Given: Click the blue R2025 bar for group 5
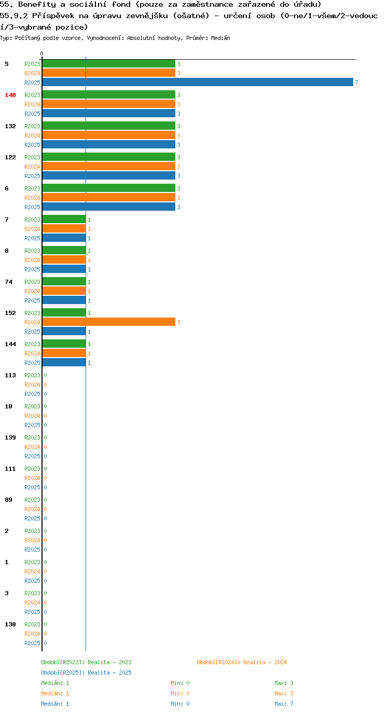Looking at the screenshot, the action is tap(198, 82).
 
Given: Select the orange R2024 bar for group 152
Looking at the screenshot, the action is tap(109, 322).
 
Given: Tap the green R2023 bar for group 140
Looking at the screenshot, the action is tap(109, 94).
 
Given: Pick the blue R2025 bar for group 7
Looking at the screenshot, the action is tap(64, 238).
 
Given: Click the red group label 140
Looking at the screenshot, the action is tap(10, 95).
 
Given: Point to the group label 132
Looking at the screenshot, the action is tap(10, 126).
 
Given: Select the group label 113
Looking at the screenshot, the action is tap(10, 375).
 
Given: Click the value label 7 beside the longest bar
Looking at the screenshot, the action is tap(356, 83).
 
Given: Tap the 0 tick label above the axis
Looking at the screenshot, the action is tap(41, 53).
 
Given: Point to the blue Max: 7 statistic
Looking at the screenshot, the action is tap(284, 704).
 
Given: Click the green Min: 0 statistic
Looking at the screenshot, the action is tap(180, 683).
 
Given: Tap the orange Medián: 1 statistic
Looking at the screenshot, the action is tap(55, 693).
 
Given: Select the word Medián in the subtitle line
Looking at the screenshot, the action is tap(220, 38).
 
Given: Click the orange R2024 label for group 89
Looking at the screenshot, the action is tap(32, 509).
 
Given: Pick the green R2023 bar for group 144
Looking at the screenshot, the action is tap(64, 344).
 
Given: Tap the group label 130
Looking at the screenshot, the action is tap(10, 624).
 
